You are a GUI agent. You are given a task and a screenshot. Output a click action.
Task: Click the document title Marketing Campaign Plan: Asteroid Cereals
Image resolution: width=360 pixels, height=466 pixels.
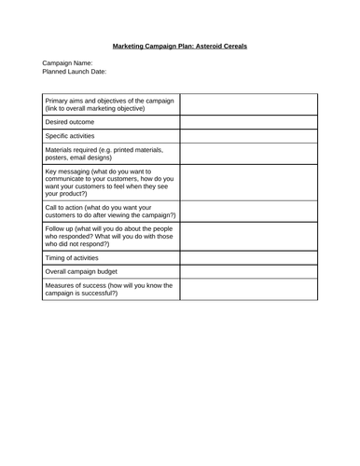[x=180, y=45]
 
